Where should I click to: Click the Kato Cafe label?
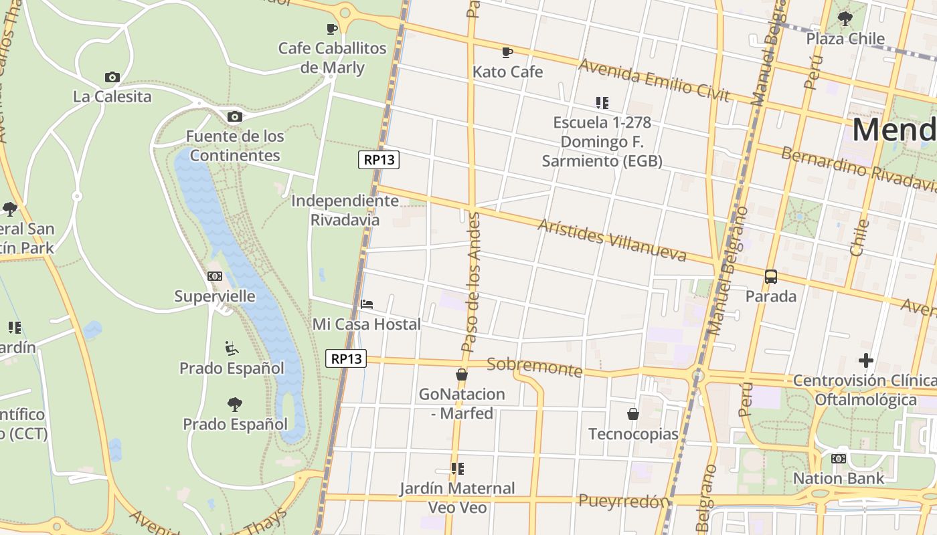point(507,72)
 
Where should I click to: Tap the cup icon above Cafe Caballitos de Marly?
point(331,29)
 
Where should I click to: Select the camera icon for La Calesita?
point(112,78)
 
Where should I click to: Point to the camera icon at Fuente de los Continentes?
point(234,117)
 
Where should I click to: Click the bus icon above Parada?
point(771,277)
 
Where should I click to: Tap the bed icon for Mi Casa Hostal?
point(367,304)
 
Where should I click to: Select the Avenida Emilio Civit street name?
point(653,80)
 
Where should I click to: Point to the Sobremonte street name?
point(534,366)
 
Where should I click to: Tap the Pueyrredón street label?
point(624,501)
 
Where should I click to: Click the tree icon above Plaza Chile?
point(845,19)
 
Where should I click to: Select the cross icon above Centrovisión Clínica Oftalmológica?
point(865,361)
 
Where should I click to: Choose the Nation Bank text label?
point(838,478)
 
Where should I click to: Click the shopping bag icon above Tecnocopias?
point(633,415)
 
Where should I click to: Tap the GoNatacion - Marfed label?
point(462,403)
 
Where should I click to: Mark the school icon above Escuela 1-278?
point(602,103)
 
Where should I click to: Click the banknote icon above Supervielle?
point(215,276)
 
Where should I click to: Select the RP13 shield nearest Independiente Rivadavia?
point(379,160)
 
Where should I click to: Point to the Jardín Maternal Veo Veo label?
point(457,498)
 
